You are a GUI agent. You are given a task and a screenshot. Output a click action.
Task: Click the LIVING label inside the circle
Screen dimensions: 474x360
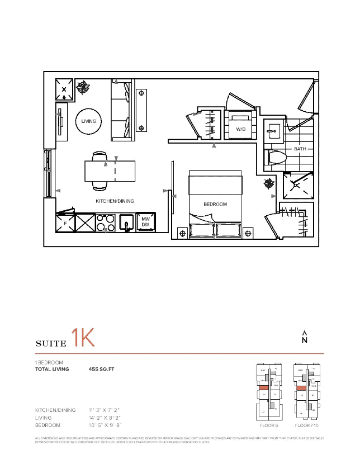[88, 121]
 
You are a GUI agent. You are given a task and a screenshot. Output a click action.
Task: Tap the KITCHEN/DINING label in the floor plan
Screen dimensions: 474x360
[115, 201]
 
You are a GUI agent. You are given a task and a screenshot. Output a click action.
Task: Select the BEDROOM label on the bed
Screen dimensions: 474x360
[215, 204]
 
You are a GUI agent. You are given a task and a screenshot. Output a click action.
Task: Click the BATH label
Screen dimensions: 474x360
[300, 149]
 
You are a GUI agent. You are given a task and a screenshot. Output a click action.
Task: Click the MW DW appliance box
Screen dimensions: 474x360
[145, 222]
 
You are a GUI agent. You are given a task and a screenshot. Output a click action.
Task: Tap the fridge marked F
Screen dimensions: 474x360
[65, 222]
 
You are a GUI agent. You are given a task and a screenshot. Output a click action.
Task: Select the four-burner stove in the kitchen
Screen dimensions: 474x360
[106, 222]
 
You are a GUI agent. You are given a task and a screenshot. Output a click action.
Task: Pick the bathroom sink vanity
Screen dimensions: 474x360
[273, 131]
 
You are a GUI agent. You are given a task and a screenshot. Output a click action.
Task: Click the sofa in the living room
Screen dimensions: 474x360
[122, 110]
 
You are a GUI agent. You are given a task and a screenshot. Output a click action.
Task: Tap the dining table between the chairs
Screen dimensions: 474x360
[110, 171]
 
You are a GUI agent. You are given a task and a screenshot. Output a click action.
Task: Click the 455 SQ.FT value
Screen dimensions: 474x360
[102, 369]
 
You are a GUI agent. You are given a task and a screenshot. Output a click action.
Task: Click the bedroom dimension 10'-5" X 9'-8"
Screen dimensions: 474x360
[105, 425]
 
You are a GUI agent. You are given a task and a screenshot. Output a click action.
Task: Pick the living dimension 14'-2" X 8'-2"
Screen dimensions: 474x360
[105, 418]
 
